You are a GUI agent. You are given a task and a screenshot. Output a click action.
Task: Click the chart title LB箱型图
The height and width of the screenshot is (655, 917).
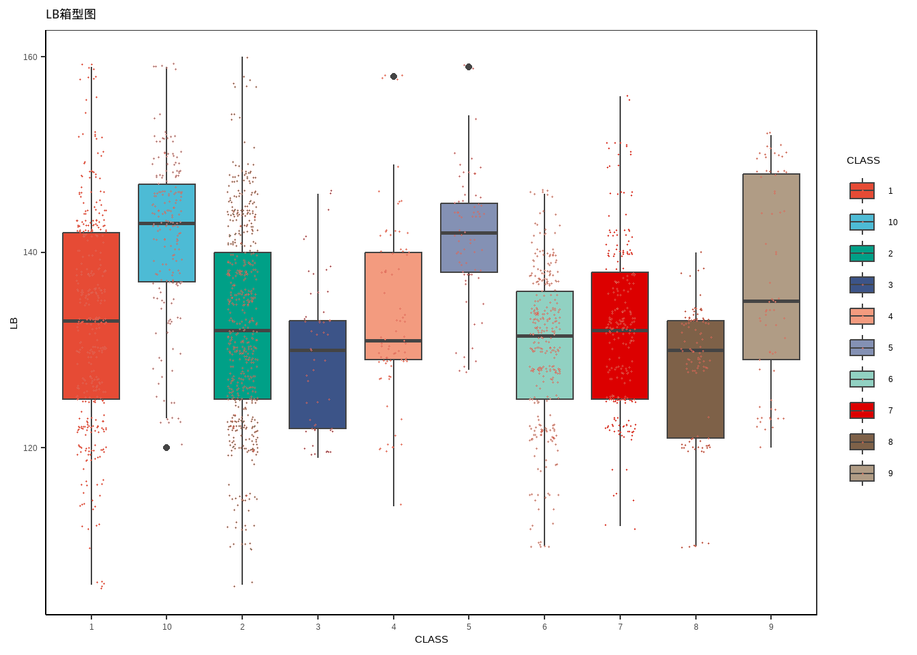pyautogui.click(x=71, y=14)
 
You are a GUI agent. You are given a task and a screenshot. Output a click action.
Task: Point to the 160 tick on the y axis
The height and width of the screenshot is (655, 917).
pyautogui.click(x=30, y=57)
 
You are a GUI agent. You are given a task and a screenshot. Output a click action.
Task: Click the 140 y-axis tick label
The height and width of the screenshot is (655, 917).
pyautogui.click(x=30, y=252)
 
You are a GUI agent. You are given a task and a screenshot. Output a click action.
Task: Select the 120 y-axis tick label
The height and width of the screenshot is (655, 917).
pyautogui.click(x=30, y=448)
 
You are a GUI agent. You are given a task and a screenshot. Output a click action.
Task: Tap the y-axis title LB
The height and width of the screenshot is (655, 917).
pyautogui.click(x=14, y=323)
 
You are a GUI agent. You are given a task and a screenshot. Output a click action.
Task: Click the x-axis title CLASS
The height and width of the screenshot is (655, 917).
pyautogui.click(x=431, y=639)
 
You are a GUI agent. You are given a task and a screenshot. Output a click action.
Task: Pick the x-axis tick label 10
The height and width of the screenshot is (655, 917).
pyautogui.click(x=166, y=627)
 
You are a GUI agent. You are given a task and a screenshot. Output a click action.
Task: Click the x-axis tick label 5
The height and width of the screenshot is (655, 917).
pyautogui.click(x=469, y=627)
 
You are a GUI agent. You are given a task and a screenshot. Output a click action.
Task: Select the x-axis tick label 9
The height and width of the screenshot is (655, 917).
pyautogui.click(x=771, y=627)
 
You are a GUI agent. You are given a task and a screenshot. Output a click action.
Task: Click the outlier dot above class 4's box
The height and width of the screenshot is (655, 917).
pyautogui.click(x=394, y=76)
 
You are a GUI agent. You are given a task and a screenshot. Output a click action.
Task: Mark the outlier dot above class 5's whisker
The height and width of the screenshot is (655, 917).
pyautogui.click(x=469, y=67)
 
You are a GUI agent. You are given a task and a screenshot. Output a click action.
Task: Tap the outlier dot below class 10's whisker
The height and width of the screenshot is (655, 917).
pyautogui.click(x=166, y=448)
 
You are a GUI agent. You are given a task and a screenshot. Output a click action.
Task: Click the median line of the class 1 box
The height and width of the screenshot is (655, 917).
pyautogui.click(x=91, y=321)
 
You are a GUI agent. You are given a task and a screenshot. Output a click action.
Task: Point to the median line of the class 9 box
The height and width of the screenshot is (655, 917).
pyautogui.click(x=771, y=301)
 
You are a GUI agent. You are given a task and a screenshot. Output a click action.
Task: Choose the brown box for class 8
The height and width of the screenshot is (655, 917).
pyautogui.click(x=695, y=396)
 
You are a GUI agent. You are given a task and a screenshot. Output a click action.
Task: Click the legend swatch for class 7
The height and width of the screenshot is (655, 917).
pyautogui.click(x=862, y=411)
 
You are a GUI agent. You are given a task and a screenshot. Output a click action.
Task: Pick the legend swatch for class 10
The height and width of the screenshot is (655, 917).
pyautogui.click(x=862, y=222)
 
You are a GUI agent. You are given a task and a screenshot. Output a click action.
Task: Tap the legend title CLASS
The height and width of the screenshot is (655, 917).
pyautogui.click(x=863, y=160)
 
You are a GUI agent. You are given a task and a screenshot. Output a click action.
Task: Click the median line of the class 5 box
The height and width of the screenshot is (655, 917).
pyautogui.click(x=469, y=233)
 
